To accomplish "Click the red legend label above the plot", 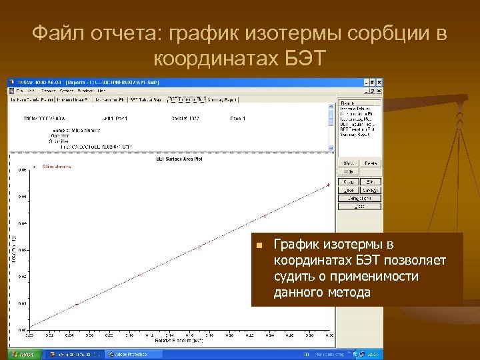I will click(56, 166).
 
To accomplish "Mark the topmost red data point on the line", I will click(327, 185).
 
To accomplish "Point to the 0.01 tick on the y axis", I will click(23, 303).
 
